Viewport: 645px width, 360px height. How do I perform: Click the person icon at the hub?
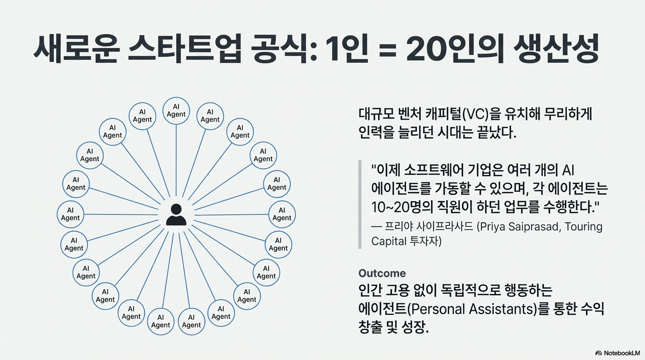(176, 215)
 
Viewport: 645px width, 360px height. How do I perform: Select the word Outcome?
(382, 273)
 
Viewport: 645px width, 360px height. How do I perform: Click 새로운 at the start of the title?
(75, 49)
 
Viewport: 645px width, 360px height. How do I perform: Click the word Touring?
(584, 227)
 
